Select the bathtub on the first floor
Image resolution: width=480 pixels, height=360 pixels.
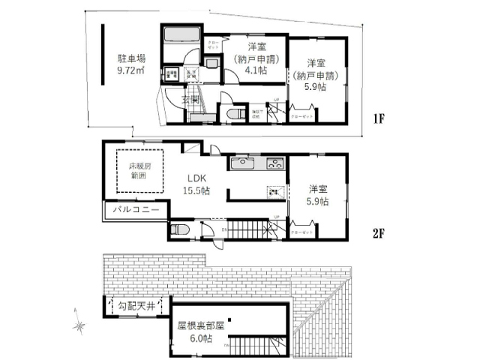point(181,35)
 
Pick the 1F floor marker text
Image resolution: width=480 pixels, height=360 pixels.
point(381,119)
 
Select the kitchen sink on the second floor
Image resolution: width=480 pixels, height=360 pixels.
point(244,163)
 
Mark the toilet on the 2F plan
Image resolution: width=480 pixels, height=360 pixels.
point(180,230)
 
